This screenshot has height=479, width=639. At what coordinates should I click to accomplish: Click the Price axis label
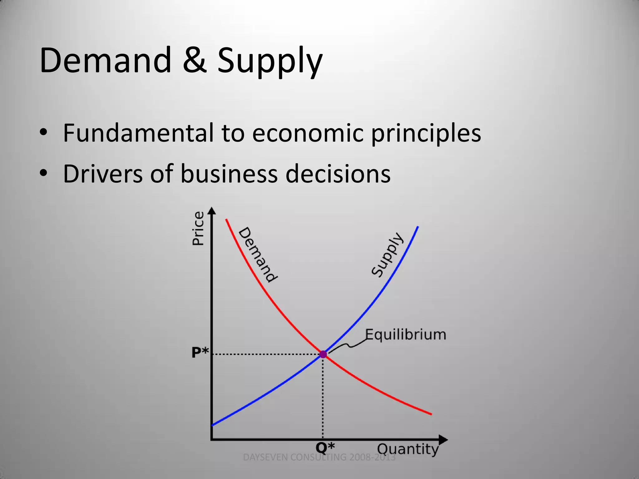pos(198,229)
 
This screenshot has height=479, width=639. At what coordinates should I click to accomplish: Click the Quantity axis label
pos(408,449)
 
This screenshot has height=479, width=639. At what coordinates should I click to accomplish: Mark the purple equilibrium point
pos(323,354)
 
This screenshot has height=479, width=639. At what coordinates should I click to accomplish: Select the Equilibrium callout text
pos(406,335)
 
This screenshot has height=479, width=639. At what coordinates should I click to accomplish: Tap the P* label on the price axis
pos(200,353)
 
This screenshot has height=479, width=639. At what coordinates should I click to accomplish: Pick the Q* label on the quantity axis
pos(325,448)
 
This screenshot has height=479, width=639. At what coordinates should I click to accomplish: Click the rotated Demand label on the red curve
pos(258,254)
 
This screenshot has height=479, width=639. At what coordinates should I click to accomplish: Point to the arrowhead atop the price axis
pos(212,211)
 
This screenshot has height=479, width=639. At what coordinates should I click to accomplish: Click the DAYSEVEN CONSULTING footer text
pos(319,457)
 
